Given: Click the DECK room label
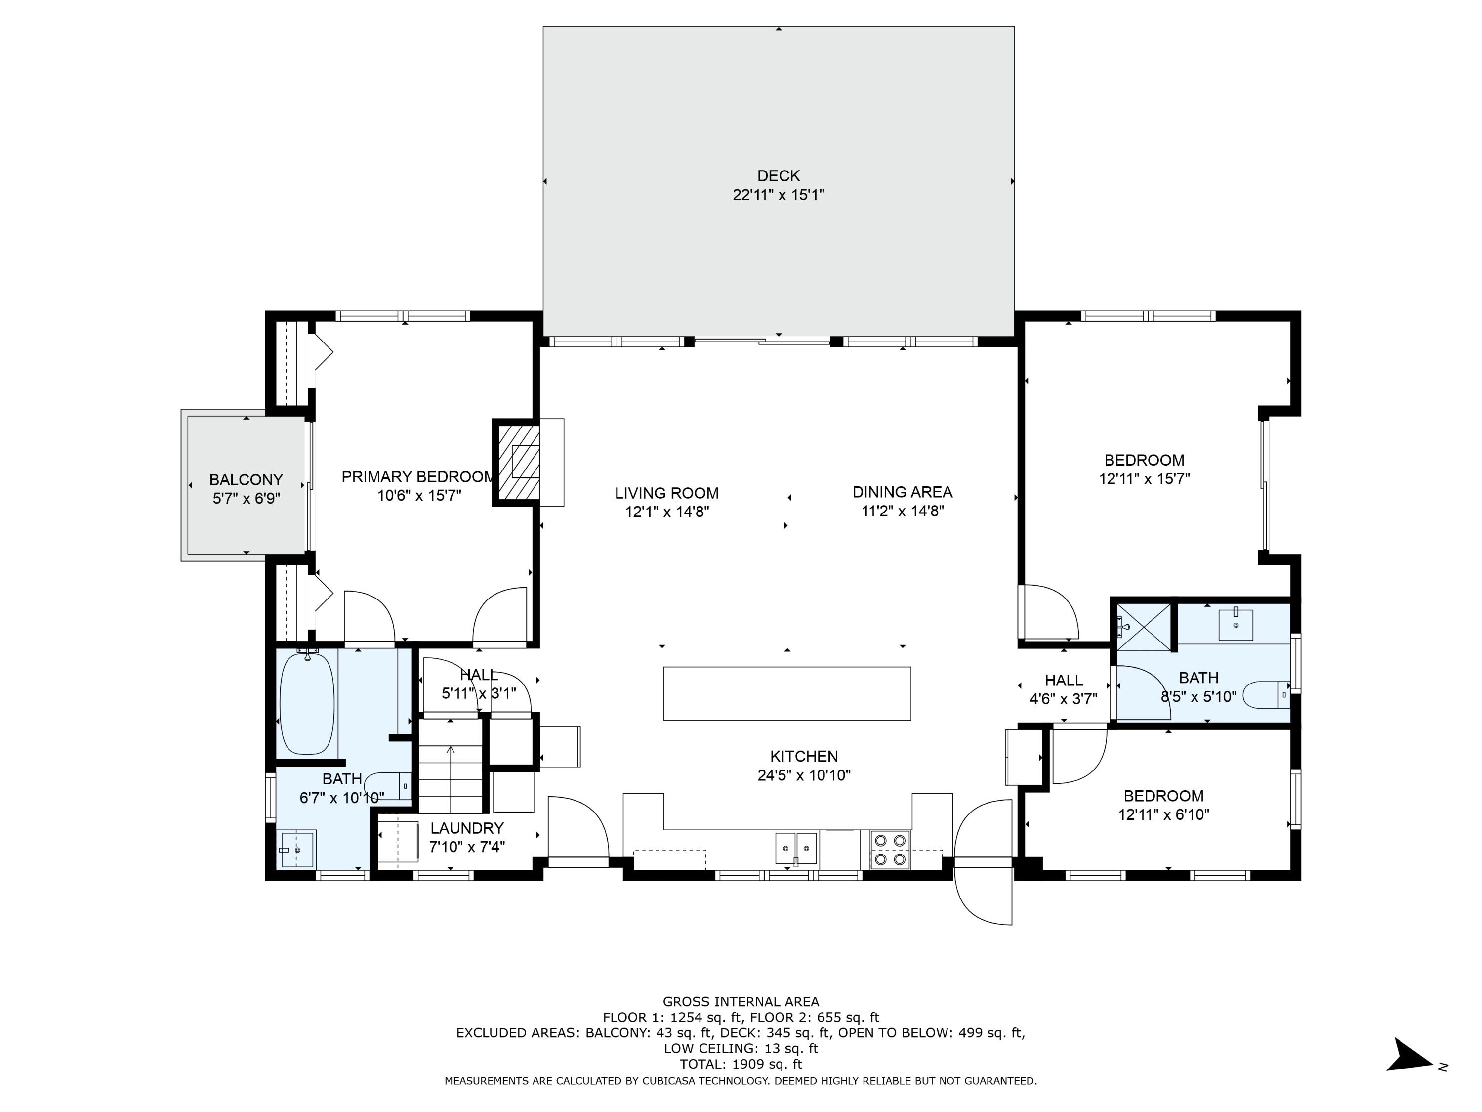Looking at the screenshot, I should [x=778, y=175].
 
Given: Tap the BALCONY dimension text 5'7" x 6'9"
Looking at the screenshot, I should [x=246, y=499].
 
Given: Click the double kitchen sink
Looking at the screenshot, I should [x=796, y=849].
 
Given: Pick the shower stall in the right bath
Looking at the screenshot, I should [x=1143, y=627].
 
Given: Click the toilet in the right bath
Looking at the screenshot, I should [x=1266, y=695].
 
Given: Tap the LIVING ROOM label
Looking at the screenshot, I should [x=666, y=493].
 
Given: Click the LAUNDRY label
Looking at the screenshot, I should [x=466, y=828].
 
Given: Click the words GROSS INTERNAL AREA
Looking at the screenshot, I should [x=741, y=1001].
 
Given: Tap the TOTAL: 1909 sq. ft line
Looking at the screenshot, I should [x=741, y=1064].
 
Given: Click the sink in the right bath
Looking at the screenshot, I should [x=1235, y=625].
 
